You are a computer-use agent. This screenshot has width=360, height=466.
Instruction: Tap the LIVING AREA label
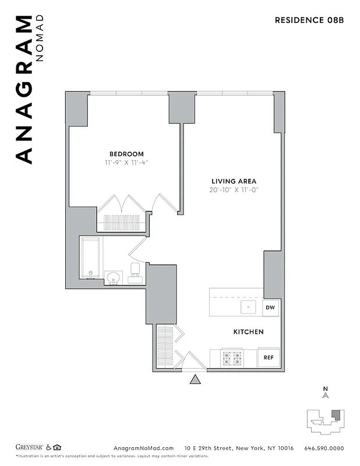pyautogui.click(x=234, y=181)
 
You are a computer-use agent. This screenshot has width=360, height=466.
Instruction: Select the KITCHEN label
pyautogui.click(x=248, y=331)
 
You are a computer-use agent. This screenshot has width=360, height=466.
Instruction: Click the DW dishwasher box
pyautogui.click(x=270, y=307)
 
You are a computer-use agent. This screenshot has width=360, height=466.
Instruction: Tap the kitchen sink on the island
pyautogui.click(x=248, y=307)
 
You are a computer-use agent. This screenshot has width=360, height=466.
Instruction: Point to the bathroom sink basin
pyautogui.click(x=112, y=277)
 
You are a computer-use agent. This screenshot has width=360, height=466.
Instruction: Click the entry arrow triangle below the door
pyautogui.click(x=195, y=380)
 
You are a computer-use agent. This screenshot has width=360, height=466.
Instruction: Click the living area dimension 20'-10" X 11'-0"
pyautogui.click(x=234, y=190)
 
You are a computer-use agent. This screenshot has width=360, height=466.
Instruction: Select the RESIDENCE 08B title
pyautogui.click(x=309, y=20)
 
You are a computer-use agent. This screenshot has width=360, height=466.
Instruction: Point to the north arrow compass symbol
pyautogui.click(x=326, y=394)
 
